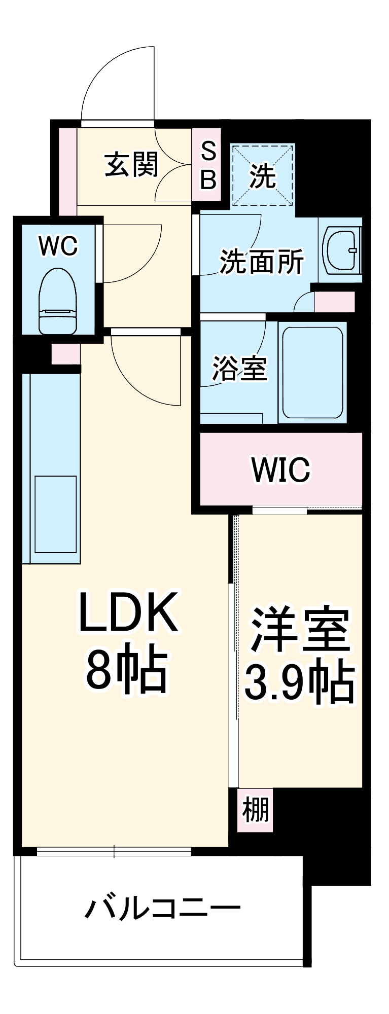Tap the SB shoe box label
click(x=208, y=165)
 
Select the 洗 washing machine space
click(x=263, y=175)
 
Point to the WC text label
click(x=58, y=246)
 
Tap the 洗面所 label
click(x=262, y=262)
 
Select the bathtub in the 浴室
click(x=312, y=373)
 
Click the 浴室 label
click(x=239, y=369)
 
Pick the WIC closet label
click(x=280, y=469)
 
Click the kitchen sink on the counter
click(x=55, y=514)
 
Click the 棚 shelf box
click(x=255, y=810)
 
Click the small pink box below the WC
click(x=65, y=353)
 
